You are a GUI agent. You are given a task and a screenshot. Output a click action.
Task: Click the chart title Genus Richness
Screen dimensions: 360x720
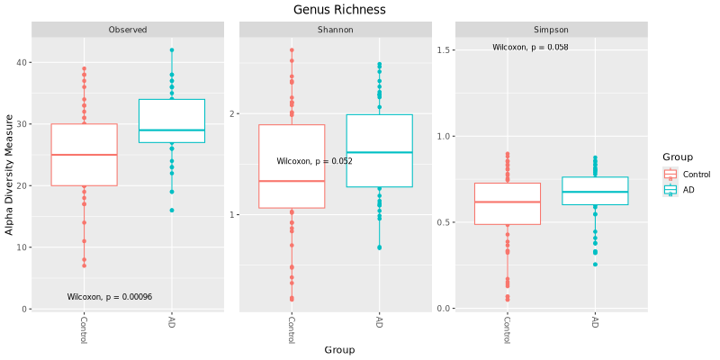339,10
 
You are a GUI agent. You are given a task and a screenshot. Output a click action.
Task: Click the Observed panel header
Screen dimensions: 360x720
128,30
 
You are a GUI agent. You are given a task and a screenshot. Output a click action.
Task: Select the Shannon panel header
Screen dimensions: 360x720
335,30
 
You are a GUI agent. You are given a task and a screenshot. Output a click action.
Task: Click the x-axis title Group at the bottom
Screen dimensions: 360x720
339,350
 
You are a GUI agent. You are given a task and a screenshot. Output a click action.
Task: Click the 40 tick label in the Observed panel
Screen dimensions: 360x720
22,62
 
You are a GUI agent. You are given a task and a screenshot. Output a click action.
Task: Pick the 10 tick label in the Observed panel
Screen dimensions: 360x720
22,247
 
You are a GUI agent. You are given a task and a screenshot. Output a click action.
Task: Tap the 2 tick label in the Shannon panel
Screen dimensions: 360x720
231,113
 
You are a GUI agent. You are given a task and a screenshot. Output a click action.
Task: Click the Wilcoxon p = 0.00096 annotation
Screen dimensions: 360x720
110,297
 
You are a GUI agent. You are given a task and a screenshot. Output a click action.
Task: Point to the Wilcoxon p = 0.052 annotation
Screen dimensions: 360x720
314,162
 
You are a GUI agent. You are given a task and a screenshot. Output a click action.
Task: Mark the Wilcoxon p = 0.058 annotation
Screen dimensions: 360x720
530,47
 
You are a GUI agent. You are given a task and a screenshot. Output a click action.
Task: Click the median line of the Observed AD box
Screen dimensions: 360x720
172,130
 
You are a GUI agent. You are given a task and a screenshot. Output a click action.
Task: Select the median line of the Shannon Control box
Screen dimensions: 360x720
292,181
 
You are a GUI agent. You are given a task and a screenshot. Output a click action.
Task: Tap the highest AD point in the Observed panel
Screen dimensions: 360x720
172,50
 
